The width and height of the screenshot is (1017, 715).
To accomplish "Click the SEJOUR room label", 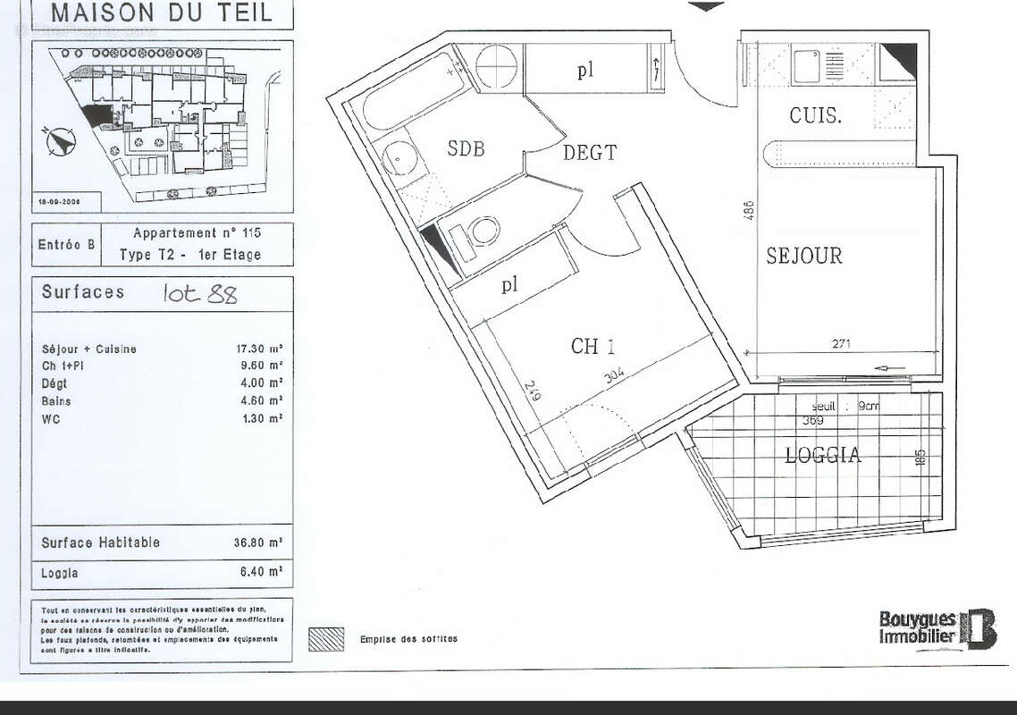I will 803,257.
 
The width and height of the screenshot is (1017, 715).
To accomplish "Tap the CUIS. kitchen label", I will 814,115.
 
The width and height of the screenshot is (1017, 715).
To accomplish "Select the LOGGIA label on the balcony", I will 822,456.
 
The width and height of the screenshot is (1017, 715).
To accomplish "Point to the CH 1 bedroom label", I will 593,347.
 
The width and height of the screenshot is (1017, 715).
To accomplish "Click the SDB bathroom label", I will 466,149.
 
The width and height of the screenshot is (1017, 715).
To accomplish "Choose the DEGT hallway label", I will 589,153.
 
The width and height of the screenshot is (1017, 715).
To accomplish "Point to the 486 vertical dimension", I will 750,210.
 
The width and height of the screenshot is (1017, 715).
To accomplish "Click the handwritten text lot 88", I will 200,294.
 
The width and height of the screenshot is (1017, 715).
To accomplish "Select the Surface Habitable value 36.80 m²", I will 264,543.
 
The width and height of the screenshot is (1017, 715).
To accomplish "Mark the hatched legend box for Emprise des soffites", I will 325,639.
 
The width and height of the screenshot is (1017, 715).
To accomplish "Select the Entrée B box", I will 66,244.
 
